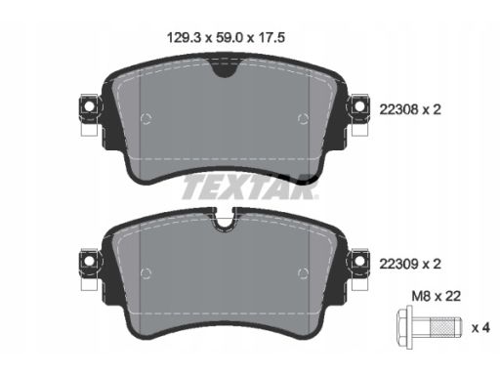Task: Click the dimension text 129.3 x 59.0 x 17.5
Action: click(x=226, y=38)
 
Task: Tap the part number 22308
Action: click(x=398, y=109)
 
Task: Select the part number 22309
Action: click(x=398, y=264)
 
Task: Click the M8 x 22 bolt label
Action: click(x=437, y=296)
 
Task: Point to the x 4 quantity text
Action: click(x=480, y=328)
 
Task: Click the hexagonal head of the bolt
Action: click(x=404, y=327)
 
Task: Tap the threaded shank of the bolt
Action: click(x=445, y=327)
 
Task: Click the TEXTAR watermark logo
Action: click(x=250, y=187)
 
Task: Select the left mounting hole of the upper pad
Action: click(x=88, y=106)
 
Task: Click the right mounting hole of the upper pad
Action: click(x=359, y=106)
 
